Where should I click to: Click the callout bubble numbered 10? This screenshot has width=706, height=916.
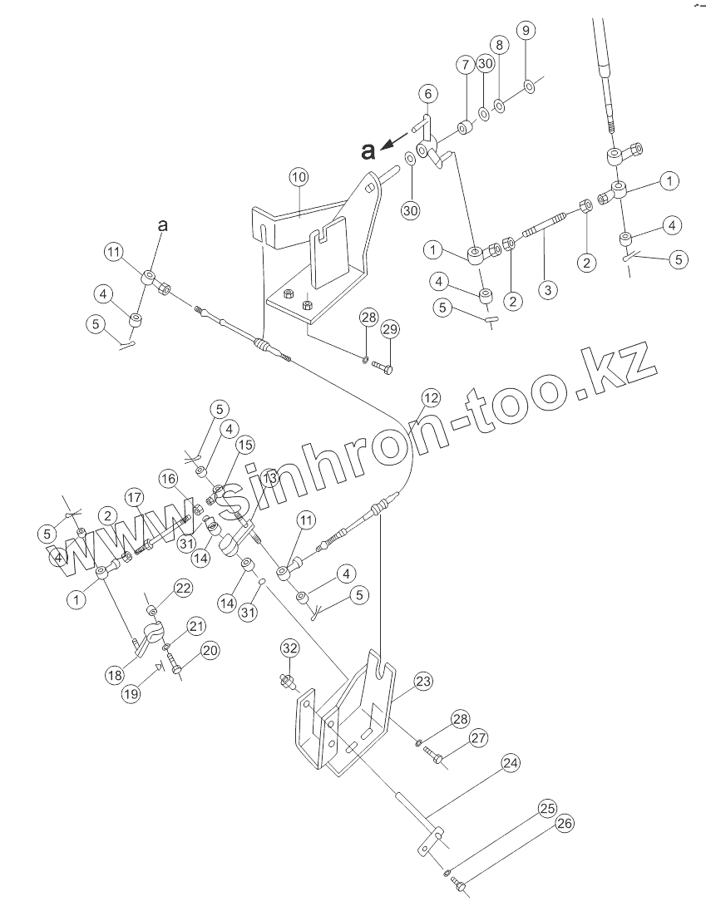coord(299,178)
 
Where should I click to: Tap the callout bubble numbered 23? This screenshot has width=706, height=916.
coord(424,682)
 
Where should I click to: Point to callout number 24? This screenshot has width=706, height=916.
coord(511,762)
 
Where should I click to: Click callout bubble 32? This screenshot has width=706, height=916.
coord(289,648)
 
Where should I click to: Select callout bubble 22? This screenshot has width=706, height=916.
coord(183,589)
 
